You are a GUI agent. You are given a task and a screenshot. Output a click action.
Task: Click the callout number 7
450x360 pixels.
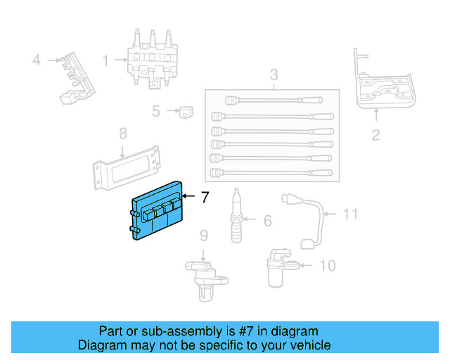[205, 198]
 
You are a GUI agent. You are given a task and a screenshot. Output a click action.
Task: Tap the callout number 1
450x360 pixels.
[105, 61]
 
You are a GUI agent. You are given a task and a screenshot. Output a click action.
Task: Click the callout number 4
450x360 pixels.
[37, 60]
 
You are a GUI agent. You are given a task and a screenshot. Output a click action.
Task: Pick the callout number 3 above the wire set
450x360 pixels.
[274, 75]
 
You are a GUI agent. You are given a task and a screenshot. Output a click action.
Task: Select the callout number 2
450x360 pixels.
[375, 135]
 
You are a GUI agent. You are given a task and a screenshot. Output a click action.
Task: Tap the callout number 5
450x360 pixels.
[156, 110]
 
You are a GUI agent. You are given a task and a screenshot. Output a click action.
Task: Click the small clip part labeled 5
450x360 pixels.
[186, 111]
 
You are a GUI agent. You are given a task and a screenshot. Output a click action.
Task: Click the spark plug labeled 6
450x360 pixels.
[238, 217]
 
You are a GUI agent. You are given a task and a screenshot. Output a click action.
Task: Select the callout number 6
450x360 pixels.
[267, 221]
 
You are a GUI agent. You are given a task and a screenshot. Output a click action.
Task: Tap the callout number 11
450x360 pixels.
[351, 214]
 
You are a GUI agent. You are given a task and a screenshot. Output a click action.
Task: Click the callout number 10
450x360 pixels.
[327, 265]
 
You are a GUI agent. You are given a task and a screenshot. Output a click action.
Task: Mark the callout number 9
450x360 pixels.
[203, 235]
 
